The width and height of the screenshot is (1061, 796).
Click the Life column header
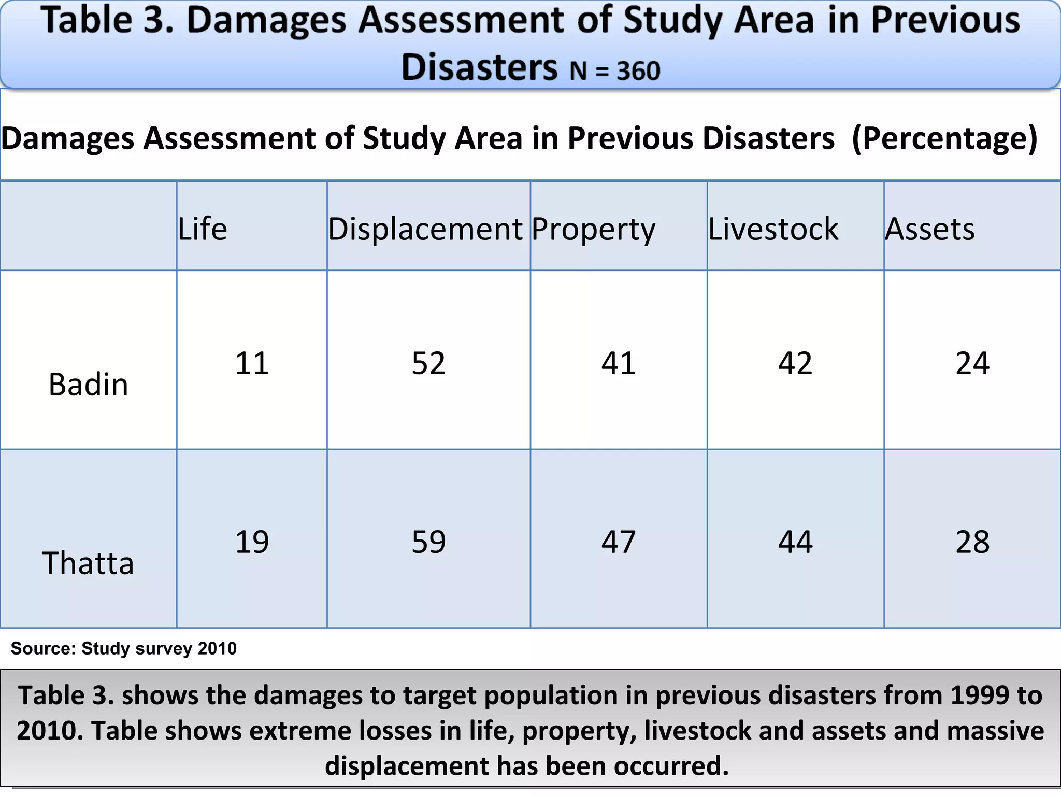(203, 229)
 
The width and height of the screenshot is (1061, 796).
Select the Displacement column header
(425, 229)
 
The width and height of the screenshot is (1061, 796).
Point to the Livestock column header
(773, 229)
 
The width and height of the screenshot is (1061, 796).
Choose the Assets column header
(930, 229)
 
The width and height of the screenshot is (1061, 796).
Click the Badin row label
(88, 385)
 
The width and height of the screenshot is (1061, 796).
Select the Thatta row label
(88, 563)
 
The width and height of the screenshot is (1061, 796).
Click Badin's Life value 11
(252, 363)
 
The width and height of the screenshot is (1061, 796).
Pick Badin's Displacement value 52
(428, 363)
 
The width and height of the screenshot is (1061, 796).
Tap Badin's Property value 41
(619, 363)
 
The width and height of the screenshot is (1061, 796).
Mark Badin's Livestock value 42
(795, 363)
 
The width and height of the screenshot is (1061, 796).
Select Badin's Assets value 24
(972, 363)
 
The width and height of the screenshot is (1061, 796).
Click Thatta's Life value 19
(252, 542)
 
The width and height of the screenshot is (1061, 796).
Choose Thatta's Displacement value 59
(428, 542)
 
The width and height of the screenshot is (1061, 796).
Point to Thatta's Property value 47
(619, 542)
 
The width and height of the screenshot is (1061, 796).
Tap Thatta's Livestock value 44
(795, 542)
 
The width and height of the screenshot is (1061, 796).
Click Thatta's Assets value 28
(972, 542)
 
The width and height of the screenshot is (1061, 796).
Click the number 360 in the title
(638, 71)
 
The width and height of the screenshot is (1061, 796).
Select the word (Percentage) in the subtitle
(944, 138)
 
